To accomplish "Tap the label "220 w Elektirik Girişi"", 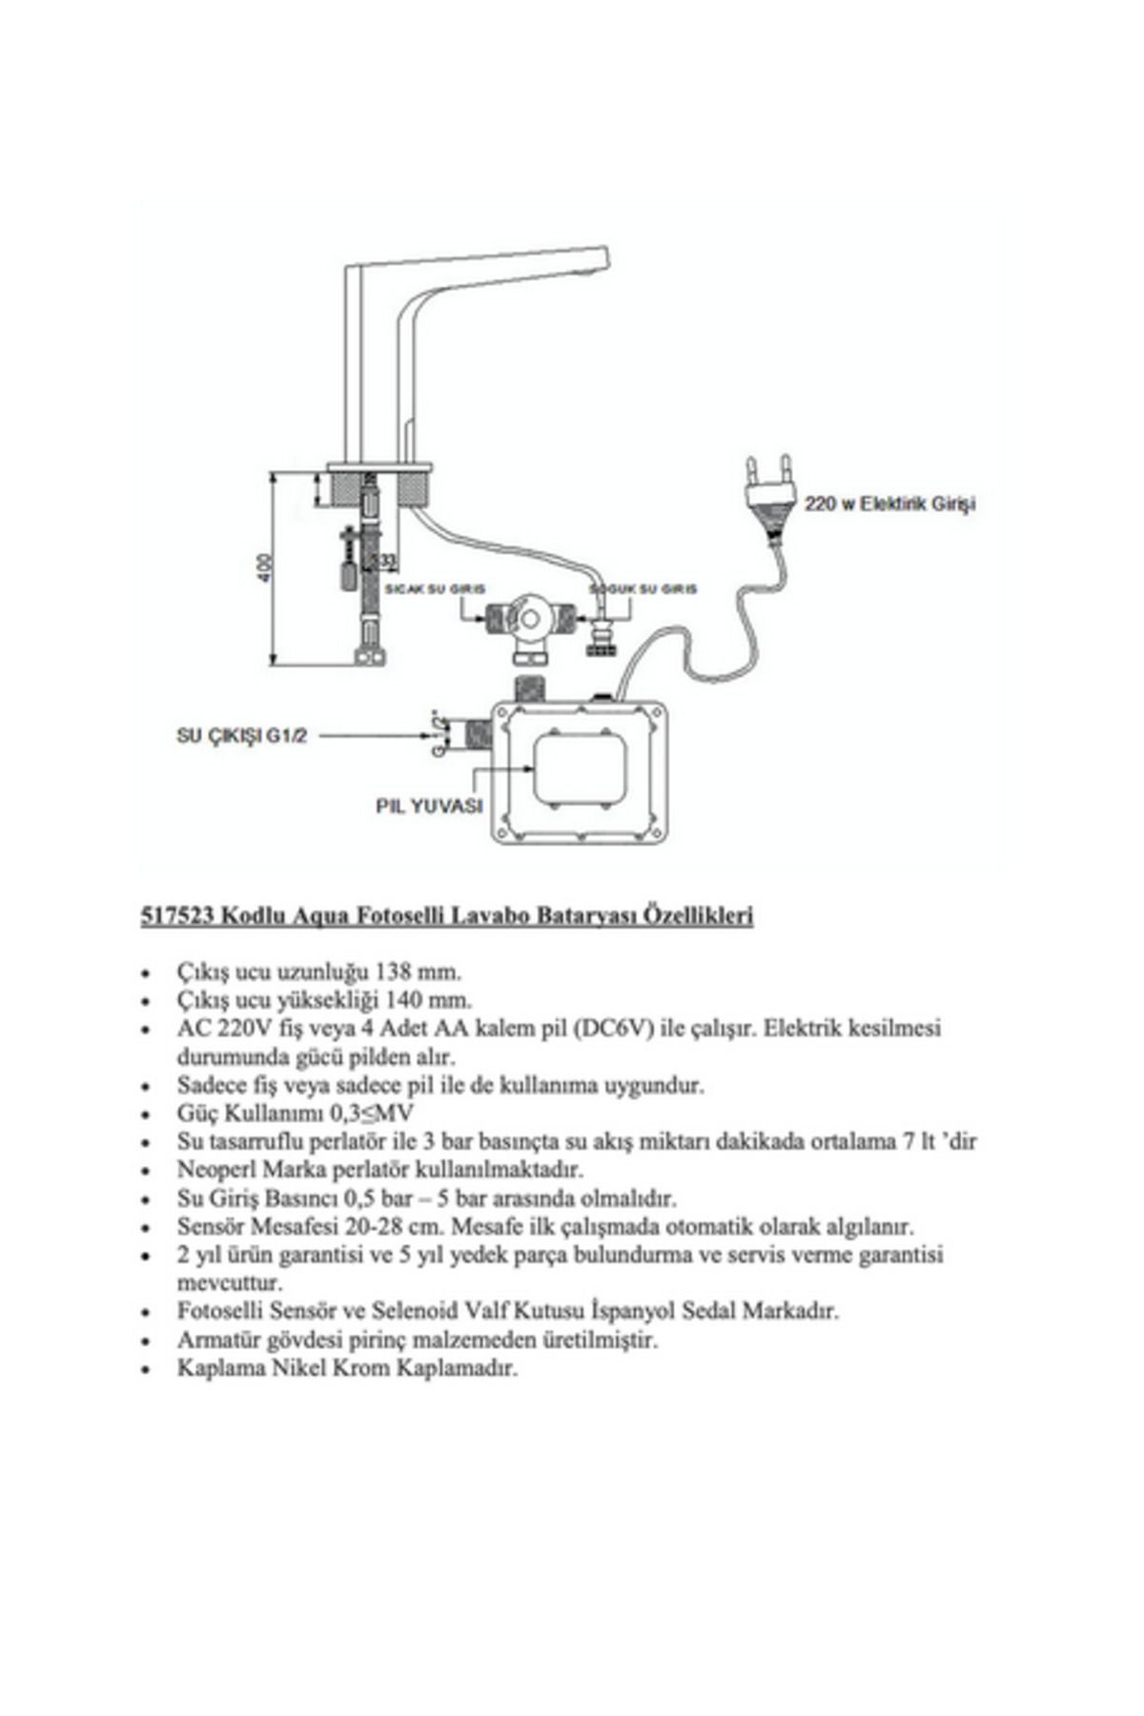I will point(889,503).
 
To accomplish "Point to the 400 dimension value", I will point(266,568).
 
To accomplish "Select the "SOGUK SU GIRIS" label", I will point(643,589).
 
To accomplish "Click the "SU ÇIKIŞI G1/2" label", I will point(242,736).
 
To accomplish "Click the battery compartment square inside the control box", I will point(581,771).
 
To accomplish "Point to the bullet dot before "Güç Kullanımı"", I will point(145,1114).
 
